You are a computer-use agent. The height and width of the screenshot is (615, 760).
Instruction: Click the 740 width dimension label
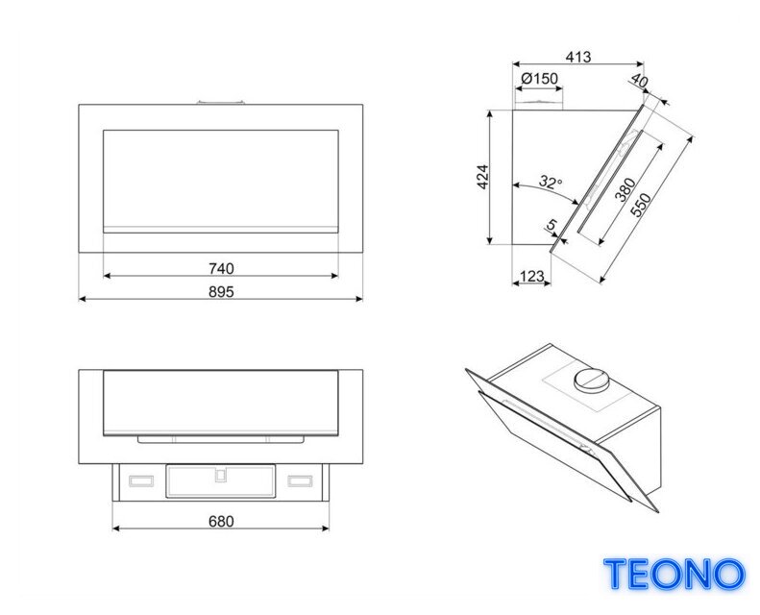pos(221,268)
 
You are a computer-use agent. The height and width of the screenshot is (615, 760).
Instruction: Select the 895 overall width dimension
pos(221,292)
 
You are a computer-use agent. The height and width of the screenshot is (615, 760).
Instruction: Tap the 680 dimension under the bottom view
pos(221,522)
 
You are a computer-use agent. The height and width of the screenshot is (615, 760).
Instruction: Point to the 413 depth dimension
pos(578,57)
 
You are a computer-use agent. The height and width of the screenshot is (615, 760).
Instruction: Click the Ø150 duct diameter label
pos(539,78)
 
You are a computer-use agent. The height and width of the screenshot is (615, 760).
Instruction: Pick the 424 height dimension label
pos(482,177)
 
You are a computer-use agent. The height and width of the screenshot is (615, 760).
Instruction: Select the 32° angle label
pos(551,182)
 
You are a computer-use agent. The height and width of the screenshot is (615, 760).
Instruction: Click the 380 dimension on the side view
pos(625,189)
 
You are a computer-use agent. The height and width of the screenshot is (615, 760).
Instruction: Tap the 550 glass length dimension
pos(641,205)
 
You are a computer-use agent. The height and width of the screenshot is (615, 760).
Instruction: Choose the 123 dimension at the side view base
pos(531,276)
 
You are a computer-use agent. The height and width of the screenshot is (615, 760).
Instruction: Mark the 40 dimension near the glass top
pos(639,81)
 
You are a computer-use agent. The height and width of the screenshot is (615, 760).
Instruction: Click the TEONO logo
pos(674,574)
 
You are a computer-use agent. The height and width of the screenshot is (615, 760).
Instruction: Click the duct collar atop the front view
pos(221,102)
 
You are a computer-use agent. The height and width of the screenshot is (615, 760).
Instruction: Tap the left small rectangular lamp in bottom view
pos(141,480)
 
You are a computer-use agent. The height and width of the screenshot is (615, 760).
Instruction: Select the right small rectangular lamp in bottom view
pos(300,480)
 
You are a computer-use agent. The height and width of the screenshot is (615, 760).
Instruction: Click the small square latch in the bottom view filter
pos(221,476)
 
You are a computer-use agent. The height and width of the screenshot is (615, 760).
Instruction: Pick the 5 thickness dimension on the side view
pos(552,225)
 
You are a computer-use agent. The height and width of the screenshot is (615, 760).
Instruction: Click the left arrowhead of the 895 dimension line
pos(83,299)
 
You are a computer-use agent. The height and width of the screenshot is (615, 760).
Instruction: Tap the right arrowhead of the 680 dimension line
pos(325,529)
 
